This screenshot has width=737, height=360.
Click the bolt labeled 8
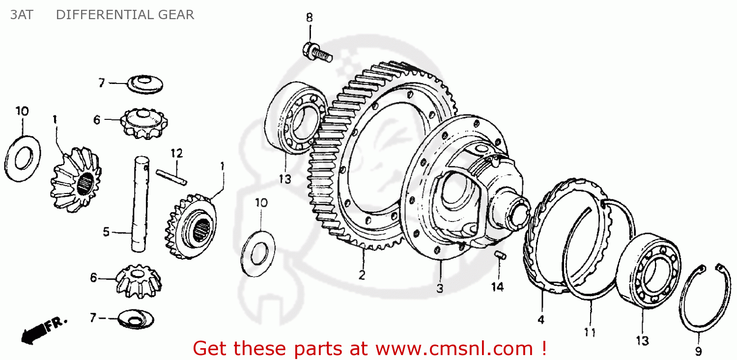(317, 52)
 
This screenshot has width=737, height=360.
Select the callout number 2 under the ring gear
(362, 275)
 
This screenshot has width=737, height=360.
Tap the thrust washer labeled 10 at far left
(22, 158)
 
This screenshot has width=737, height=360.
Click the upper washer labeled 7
(145, 84)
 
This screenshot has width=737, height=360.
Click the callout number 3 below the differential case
(439, 289)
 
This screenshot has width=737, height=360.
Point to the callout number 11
(590, 332)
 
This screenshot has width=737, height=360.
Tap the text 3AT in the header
(22, 15)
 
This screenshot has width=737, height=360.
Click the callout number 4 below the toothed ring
(540, 320)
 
